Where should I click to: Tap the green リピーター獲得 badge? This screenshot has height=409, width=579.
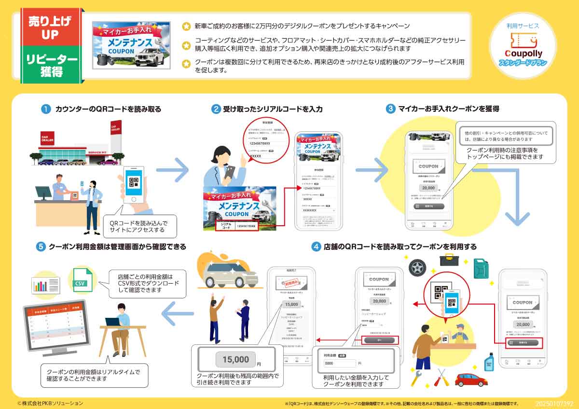coord(50,65)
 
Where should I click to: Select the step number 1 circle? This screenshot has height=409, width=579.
coord(46,109)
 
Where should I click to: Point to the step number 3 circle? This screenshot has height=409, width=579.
coord(390,109)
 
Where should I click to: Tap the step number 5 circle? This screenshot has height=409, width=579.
coord(41,247)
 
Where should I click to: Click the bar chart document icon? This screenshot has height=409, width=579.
coord(46,285)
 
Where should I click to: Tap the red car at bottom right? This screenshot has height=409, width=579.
coord(471,379)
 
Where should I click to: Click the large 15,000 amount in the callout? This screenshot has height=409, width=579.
coord(236,359)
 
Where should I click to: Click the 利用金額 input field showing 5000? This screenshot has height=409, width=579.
coord(340,363)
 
